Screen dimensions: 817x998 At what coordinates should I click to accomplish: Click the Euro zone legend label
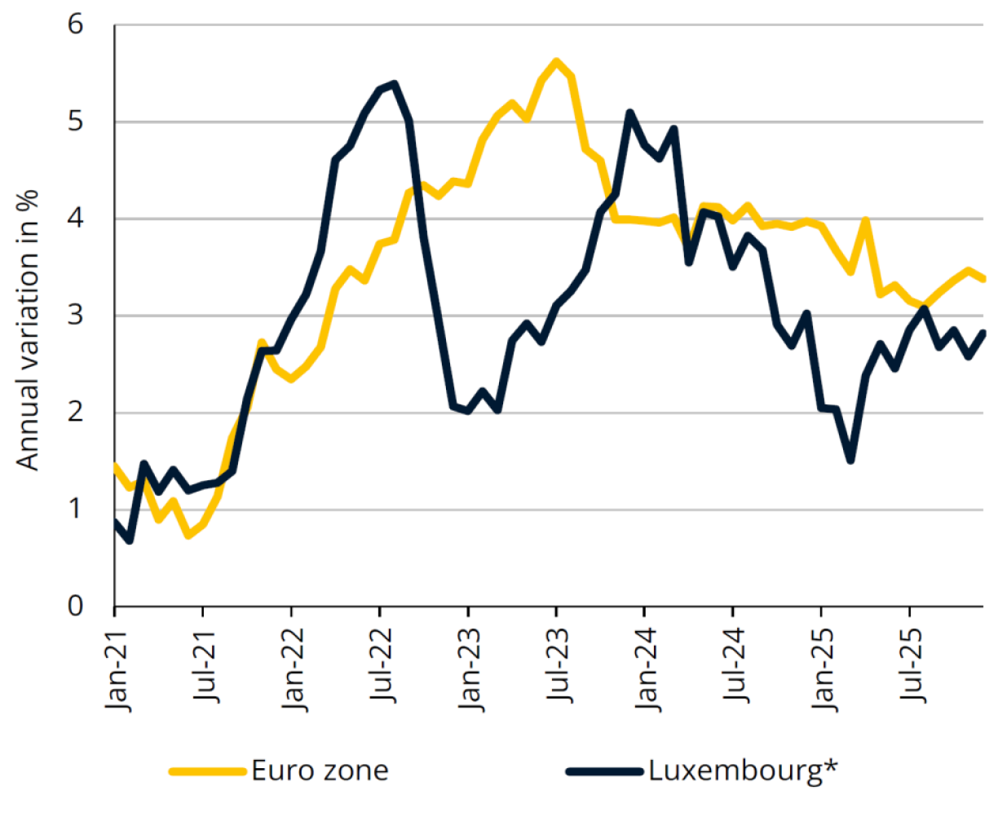click(320, 771)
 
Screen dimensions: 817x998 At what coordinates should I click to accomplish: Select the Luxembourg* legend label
click(744, 771)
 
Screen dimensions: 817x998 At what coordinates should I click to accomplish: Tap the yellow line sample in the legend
click(207, 771)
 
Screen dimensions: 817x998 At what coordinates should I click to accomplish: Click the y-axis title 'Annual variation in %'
click(29, 329)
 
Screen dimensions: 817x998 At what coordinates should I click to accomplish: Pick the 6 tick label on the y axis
click(76, 24)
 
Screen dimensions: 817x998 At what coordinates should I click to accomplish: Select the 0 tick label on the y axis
click(76, 607)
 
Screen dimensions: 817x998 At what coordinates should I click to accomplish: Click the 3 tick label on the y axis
click(76, 316)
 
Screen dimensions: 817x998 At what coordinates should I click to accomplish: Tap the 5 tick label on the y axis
click(76, 121)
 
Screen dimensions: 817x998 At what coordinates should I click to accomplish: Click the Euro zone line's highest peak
click(556, 61)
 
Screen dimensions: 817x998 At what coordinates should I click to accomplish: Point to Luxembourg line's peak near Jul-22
click(395, 83)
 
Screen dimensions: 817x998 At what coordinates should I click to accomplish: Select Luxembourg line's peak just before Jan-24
click(629, 113)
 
